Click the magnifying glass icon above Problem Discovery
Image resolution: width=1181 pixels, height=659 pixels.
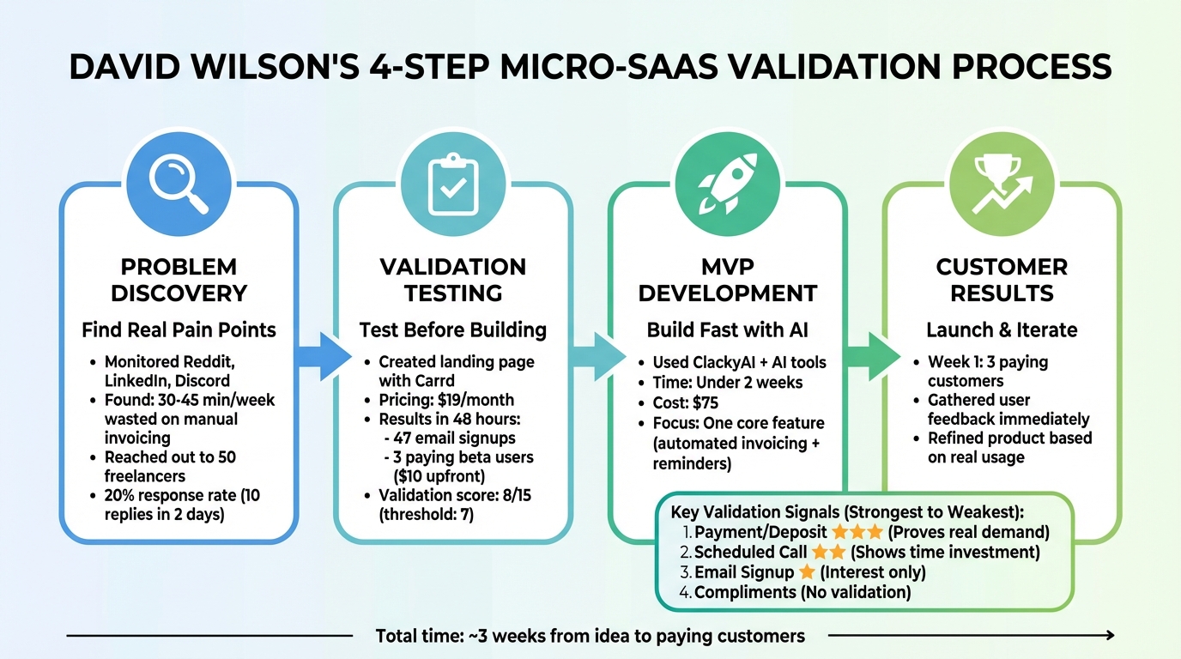179,183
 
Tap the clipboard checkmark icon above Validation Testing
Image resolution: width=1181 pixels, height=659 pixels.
453,183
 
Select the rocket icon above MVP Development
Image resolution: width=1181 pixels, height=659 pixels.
728,183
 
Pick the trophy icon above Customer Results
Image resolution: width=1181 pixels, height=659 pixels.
1002,183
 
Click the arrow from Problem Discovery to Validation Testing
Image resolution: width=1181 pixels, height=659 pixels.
324,356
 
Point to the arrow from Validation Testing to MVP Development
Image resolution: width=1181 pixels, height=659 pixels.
598,356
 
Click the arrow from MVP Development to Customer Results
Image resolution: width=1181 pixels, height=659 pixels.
873,356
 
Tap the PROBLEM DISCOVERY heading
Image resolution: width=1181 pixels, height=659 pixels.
179,280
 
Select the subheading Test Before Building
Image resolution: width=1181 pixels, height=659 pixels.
453,329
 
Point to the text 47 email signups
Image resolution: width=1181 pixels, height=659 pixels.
455,438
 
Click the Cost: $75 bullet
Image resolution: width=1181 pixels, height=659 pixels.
685,403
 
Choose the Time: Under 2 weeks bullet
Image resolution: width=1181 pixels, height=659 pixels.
728,383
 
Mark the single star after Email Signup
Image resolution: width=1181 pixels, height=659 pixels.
808,572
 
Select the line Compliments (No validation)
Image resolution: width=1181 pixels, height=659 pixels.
802,592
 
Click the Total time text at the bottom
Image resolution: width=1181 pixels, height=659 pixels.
590,636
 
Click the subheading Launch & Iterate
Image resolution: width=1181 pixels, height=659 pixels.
1002,329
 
